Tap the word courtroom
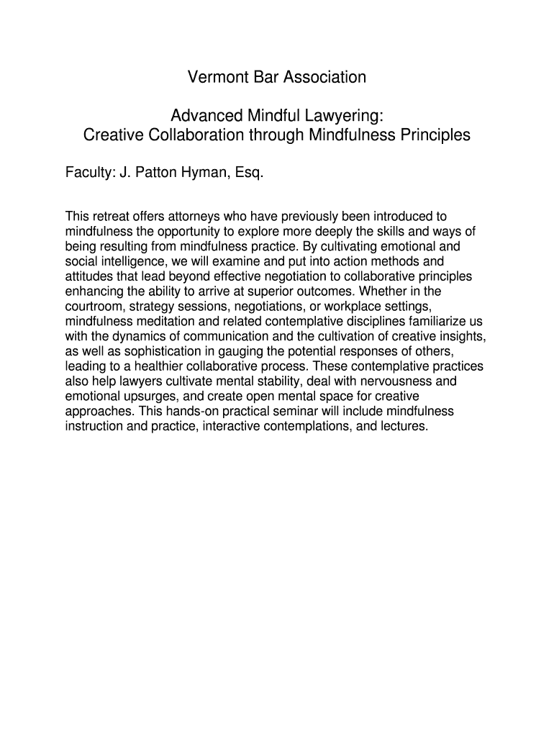point(95,307)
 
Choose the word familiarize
point(436,321)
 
